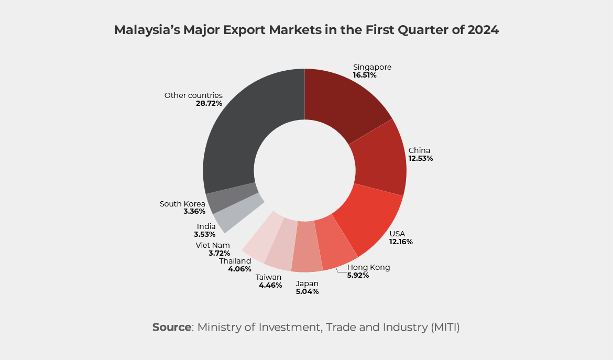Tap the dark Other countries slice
tap(246, 131)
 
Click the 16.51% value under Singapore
tap(365, 75)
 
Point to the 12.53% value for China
tap(421, 158)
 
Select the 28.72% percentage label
tap(209, 103)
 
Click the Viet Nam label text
tap(213, 245)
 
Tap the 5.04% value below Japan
tap(307, 291)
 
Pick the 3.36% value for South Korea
tap(194, 211)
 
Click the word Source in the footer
tap(172, 328)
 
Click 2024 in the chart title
tap(483, 30)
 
